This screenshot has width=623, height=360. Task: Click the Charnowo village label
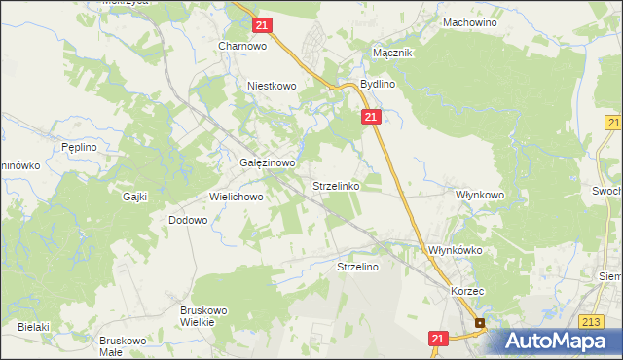click(x=242, y=46)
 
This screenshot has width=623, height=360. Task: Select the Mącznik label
click(x=393, y=54)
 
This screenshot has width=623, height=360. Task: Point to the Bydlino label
click(x=377, y=85)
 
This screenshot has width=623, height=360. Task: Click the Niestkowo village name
click(x=271, y=86)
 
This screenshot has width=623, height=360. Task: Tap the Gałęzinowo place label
click(x=267, y=163)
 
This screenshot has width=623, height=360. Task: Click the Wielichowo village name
click(x=237, y=197)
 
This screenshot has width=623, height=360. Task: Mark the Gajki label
click(x=134, y=197)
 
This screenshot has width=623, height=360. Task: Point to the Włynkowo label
click(x=480, y=195)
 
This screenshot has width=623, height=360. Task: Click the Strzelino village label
click(x=357, y=266)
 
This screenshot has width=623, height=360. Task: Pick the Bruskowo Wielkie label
click(x=203, y=316)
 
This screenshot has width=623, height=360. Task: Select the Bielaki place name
click(x=32, y=327)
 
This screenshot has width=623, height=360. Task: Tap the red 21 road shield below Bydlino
click(x=371, y=117)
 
